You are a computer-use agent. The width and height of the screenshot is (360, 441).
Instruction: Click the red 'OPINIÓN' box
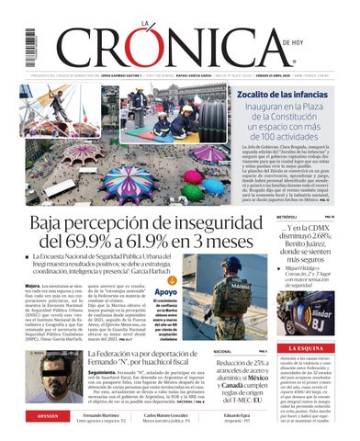coord(39,416)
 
